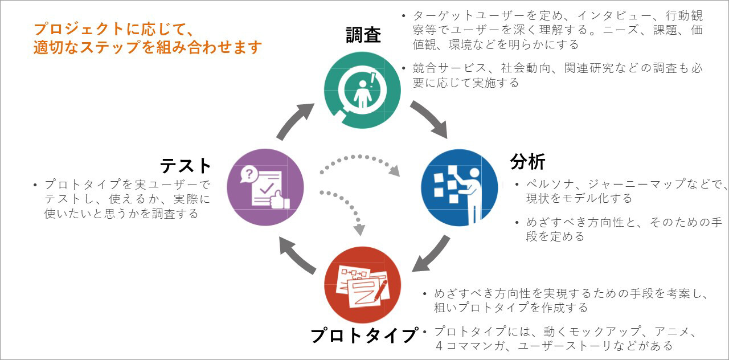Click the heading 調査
(363, 35)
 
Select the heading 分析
(527, 162)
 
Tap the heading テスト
(186, 165)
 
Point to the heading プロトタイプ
(364, 336)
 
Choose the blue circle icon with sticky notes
(459, 187)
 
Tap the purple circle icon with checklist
(265, 187)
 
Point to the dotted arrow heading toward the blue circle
(359, 161)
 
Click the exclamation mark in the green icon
(372, 79)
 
